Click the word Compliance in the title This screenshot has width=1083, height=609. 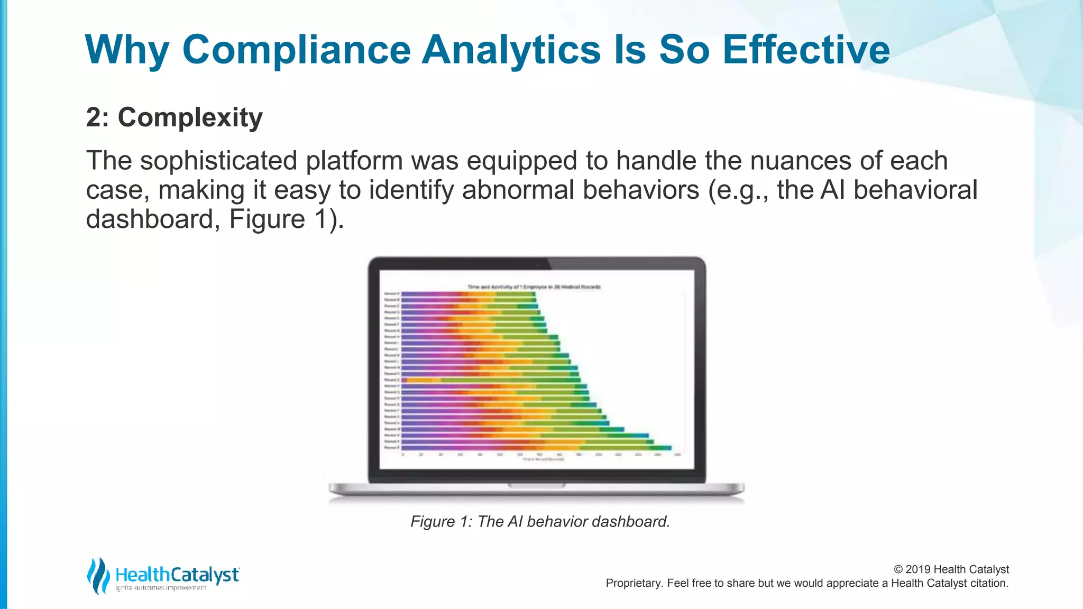(x=296, y=50)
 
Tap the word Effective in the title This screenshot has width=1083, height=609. (x=806, y=50)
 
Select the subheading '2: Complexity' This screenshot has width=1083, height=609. (x=174, y=117)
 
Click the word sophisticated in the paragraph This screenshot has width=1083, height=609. (x=218, y=161)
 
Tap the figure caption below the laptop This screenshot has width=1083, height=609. (x=540, y=522)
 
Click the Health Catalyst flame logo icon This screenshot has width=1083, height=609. (x=98, y=576)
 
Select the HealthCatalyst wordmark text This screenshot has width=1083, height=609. (x=177, y=575)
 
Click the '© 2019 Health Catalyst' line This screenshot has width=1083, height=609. (x=951, y=569)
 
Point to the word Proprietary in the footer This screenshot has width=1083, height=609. (x=634, y=583)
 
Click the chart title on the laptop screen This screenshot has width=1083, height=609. (x=534, y=287)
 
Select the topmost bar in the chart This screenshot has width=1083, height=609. (x=468, y=294)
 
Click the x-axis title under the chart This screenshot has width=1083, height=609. (x=543, y=459)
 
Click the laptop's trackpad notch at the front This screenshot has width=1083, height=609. (x=536, y=485)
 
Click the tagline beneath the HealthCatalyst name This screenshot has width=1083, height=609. (x=161, y=588)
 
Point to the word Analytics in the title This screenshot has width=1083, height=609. (x=511, y=50)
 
